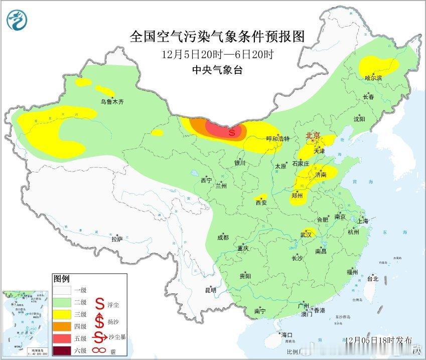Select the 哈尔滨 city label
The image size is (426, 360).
(x=373, y=78)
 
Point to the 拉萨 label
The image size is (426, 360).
(x=117, y=240)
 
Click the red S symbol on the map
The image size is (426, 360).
(x=232, y=133)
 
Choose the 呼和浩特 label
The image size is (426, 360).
(x=278, y=139)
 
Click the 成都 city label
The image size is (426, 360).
(x=223, y=238)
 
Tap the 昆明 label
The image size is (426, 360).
(x=211, y=290)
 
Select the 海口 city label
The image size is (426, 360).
(x=287, y=335)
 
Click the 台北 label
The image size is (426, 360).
(x=372, y=279)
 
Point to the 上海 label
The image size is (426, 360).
(x=363, y=221)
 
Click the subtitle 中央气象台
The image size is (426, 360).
(x=217, y=71)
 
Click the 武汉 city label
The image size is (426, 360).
(x=306, y=234)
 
